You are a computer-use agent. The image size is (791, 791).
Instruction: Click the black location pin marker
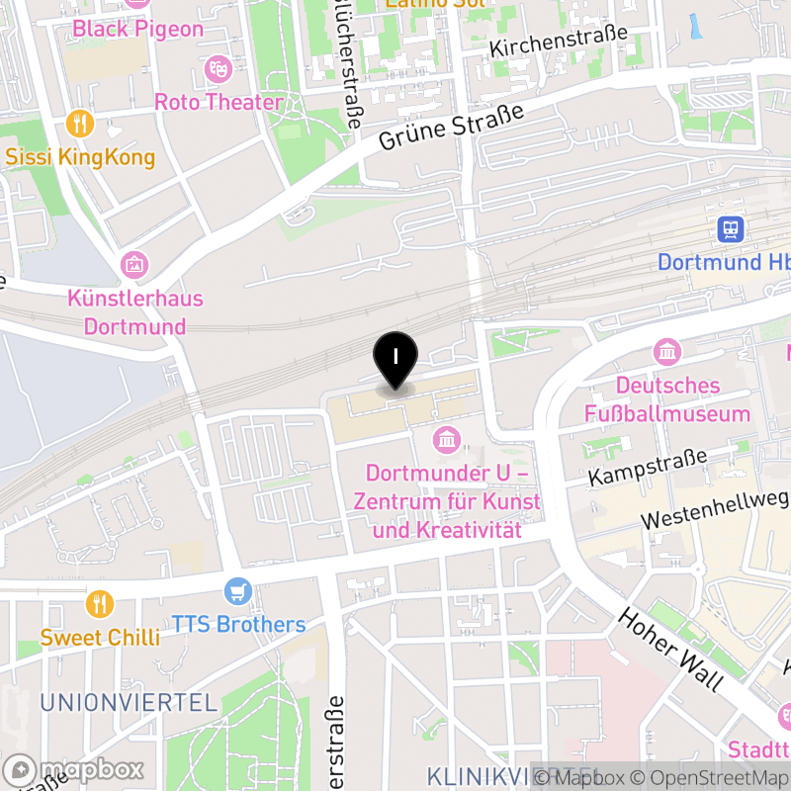point(395,358)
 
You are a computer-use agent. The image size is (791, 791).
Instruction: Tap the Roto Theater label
point(219,102)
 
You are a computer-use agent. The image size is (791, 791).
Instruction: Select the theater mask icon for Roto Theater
point(218,68)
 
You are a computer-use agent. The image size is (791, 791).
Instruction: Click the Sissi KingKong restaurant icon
point(80,124)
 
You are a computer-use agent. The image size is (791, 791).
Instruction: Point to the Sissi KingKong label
point(80,157)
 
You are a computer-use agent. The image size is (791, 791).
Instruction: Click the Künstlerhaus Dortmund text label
point(135,311)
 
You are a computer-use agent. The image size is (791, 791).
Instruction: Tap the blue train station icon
point(731,230)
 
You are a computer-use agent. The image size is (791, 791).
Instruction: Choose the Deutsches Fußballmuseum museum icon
point(667,351)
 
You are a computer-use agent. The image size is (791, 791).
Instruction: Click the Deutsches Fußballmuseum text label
point(667,398)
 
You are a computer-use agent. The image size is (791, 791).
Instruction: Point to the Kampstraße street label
point(648,466)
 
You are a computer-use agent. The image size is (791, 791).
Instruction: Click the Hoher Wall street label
point(670,648)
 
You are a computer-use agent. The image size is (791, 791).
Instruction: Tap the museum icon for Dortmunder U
point(446,438)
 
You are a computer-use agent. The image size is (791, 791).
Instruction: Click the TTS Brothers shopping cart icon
point(237,591)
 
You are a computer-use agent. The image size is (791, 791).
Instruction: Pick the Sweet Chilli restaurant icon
point(99,603)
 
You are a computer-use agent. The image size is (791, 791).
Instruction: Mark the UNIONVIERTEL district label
point(129,703)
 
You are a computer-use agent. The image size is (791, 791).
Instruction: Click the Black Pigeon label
point(137,29)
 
